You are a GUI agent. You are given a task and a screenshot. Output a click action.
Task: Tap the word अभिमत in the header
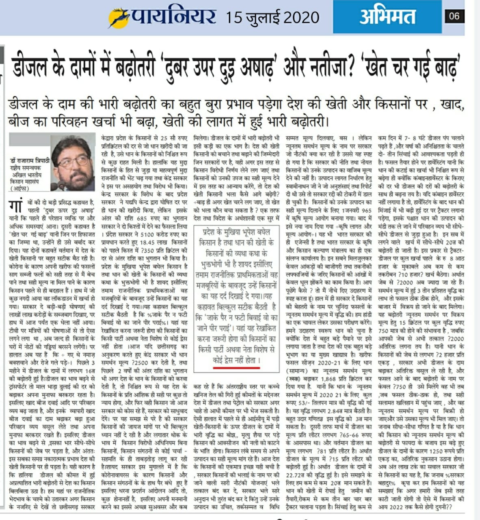coord(387,17)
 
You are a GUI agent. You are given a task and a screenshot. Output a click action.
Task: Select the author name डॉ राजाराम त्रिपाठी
coord(30,161)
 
